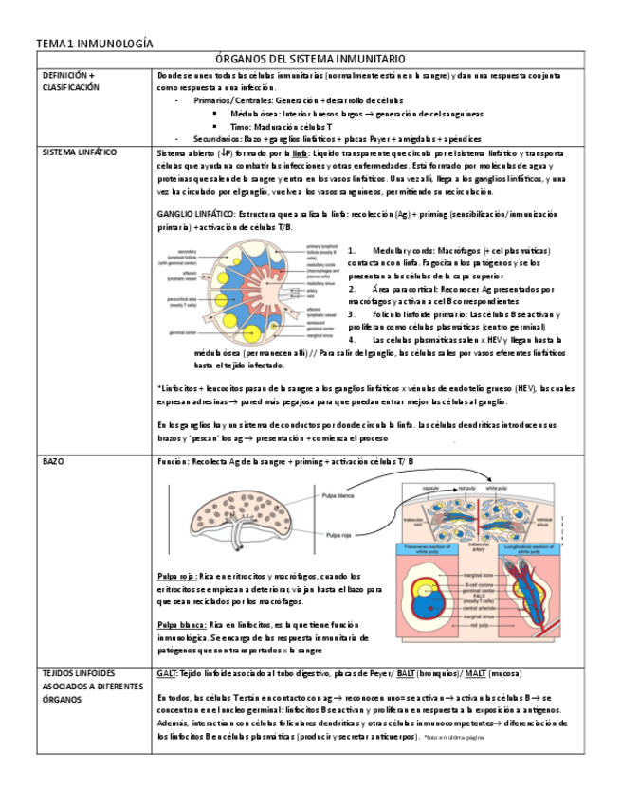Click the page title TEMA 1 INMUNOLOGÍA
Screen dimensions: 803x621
point(94,44)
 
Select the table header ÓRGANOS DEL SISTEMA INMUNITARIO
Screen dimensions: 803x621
point(310,59)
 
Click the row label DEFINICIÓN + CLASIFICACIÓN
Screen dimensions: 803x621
point(69,80)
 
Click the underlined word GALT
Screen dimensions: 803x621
point(167,672)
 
